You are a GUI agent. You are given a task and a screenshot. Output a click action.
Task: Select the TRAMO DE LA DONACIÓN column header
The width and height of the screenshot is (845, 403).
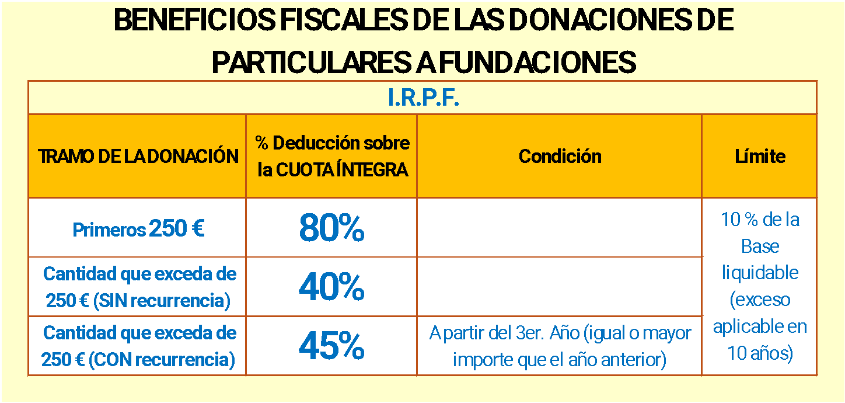pos(138,157)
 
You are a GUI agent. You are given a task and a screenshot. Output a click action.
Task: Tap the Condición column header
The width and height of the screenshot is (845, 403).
pos(560,157)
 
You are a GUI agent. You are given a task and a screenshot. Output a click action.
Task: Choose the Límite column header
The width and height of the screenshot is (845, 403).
pos(760,157)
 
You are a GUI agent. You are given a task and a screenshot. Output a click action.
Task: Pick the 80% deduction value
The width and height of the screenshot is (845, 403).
pos(331,228)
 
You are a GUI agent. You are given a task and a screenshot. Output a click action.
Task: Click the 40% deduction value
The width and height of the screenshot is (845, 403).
pos(331,287)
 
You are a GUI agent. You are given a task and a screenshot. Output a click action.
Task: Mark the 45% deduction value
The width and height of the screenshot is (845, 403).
pos(331,346)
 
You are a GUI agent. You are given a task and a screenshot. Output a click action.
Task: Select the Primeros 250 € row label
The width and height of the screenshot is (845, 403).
pos(138,229)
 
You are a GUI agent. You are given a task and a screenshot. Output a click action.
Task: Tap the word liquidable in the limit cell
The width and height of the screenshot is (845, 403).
pos(760,273)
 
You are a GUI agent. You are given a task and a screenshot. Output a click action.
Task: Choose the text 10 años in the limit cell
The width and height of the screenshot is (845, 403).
pos(760,353)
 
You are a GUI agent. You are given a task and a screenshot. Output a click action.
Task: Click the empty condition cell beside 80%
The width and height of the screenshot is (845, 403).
pos(559,228)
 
